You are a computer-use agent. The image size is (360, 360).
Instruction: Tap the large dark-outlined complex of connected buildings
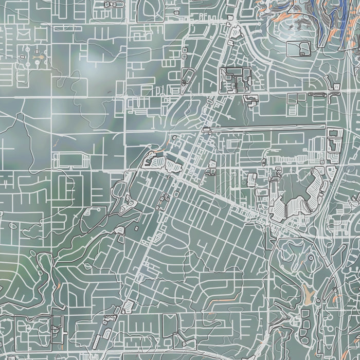(x=236, y=80)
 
